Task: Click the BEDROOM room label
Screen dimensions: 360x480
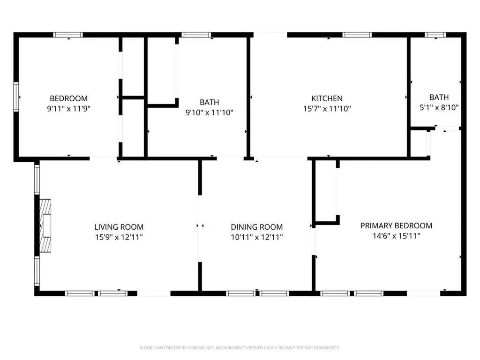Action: point(68,98)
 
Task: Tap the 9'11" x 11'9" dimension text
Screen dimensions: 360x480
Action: point(68,108)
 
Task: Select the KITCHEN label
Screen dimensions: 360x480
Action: point(327,98)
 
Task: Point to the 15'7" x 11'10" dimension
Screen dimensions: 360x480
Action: point(327,108)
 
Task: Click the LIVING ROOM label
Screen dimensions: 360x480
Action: point(119,227)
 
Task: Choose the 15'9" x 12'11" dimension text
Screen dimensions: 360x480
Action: point(119,237)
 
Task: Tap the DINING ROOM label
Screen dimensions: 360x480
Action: point(256,227)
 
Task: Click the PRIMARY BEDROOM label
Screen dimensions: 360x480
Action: point(396,225)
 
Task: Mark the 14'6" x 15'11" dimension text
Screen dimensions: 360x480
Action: point(396,236)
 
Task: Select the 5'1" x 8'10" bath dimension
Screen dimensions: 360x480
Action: point(439,107)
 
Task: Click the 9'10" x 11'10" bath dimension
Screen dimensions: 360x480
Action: point(209,112)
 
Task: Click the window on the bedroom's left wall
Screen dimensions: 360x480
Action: point(16,97)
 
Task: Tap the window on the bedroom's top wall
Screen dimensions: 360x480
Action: point(68,35)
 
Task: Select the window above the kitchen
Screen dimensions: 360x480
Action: point(357,35)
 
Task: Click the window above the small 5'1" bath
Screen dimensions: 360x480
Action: point(435,35)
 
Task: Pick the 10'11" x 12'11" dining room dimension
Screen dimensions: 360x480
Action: point(256,237)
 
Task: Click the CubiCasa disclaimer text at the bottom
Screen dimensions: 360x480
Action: point(240,348)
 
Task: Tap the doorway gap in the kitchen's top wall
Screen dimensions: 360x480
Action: point(270,35)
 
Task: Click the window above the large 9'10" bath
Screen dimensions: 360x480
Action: point(196,35)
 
